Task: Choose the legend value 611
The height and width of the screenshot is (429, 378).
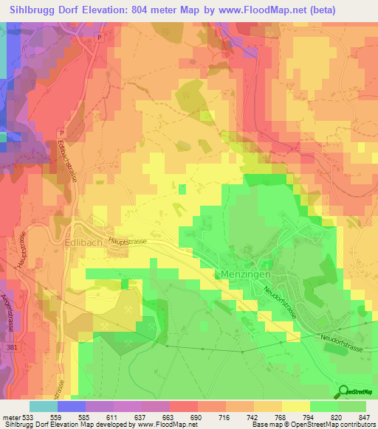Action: coord(113,416)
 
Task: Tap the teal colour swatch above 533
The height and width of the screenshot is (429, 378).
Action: coord(43,406)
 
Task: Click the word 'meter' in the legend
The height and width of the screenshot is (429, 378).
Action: coord(10,416)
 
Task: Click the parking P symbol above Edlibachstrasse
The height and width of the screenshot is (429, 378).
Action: coord(61,133)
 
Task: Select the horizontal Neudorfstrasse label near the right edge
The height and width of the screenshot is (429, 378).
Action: coord(338,337)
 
